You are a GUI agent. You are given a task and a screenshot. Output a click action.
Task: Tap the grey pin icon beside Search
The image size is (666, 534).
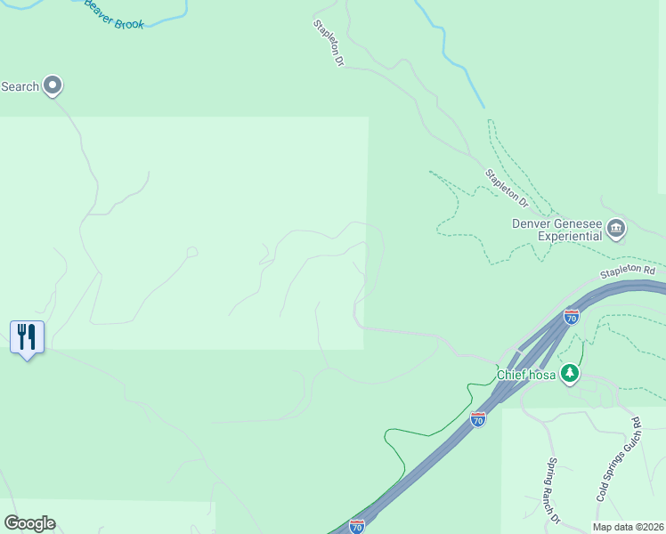[52, 85]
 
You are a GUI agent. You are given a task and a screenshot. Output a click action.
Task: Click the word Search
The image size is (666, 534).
[20, 86]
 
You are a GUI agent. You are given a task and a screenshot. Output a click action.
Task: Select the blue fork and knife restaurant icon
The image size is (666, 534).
[27, 336]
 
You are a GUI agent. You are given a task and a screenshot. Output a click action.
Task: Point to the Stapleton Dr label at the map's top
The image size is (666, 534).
[328, 44]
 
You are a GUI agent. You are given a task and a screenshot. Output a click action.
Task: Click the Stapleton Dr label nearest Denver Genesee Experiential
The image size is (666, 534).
[507, 188]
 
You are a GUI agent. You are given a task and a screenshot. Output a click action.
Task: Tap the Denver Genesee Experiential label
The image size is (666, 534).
[557, 231]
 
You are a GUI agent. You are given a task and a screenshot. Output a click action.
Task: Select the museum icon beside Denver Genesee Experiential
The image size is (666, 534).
[615, 231]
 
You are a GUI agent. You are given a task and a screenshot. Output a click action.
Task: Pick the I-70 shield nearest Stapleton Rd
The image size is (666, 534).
[572, 316]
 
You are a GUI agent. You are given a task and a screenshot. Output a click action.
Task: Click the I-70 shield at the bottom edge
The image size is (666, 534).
[357, 526]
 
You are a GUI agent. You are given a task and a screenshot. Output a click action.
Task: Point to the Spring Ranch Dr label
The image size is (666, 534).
[553, 490]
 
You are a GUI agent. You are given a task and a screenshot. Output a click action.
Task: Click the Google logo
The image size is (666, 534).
[29, 523]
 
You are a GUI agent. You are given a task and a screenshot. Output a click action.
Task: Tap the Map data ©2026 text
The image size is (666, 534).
[627, 527]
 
